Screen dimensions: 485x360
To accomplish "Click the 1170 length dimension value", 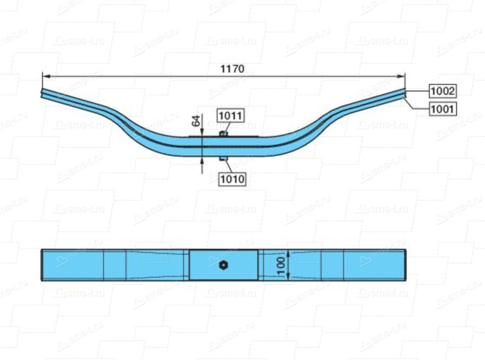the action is pyautogui.click(x=232, y=68).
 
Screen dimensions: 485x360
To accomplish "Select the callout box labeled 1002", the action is pyautogui.click(x=443, y=91).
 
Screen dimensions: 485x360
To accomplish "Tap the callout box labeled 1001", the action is pyautogui.click(x=443, y=109).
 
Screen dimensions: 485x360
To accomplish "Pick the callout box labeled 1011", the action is pyautogui.click(x=230, y=115).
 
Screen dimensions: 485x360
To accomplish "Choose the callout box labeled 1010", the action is pyautogui.click(x=233, y=179).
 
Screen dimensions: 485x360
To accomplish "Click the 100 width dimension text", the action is pyautogui.click(x=281, y=265).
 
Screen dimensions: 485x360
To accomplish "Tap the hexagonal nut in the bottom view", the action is pyautogui.click(x=223, y=265).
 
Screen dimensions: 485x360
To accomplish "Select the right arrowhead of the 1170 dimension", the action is pyautogui.click(x=400, y=76).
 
